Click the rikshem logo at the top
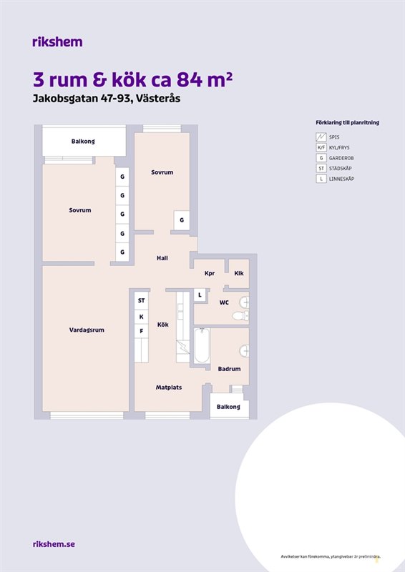tap(57, 42)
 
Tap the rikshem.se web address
tap(54, 544)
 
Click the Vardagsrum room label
tap(87, 330)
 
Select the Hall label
tap(162, 258)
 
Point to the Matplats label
tap(169, 388)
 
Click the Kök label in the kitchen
tap(163, 325)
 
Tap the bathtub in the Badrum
tap(202, 345)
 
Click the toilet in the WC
tap(240, 315)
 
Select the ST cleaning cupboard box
tap(142, 300)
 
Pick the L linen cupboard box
tap(200, 295)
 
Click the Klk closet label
tap(239, 273)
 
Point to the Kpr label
tap(210, 273)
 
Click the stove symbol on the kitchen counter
tap(183, 347)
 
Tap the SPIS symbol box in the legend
tap(321, 137)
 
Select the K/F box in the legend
tap(321, 148)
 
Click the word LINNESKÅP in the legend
tap(341, 179)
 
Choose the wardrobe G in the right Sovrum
tap(182, 220)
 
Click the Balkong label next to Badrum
tap(228, 407)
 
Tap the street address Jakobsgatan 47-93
tap(82, 99)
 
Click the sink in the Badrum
tap(244, 351)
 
